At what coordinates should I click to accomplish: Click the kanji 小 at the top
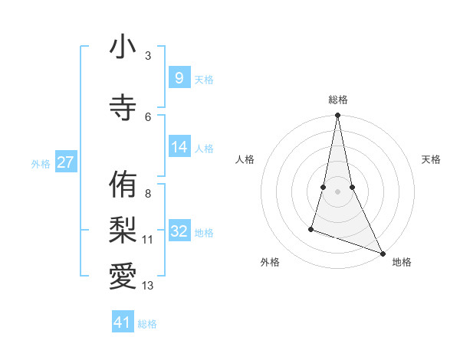[x=123, y=47]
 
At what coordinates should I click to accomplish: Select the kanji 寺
[x=123, y=108]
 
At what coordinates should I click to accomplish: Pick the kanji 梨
[x=123, y=229]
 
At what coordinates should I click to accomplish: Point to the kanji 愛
[x=123, y=275]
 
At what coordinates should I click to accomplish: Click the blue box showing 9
[x=179, y=77]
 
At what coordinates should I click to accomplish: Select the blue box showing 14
[x=179, y=147]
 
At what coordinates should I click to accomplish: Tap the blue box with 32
[x=179, y=231]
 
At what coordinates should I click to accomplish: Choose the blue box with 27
[x=66, y=162]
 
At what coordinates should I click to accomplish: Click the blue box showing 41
[x=123, y=322]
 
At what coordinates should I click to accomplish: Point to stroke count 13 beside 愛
[x=148, y=286]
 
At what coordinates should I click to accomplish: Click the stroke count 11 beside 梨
[x=148, y=240]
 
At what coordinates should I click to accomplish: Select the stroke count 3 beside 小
[x=148, y=56]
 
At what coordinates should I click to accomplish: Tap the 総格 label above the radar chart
[x=337, y=100]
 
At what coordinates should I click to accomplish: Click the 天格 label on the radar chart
[x=431, y=159]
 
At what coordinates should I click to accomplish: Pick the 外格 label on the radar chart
[x=270, y=262]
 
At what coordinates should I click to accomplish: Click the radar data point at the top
[x=337, y=116]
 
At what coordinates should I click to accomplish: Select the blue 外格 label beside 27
[x=41, y=164]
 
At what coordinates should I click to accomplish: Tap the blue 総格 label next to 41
[x=147, y=324]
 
